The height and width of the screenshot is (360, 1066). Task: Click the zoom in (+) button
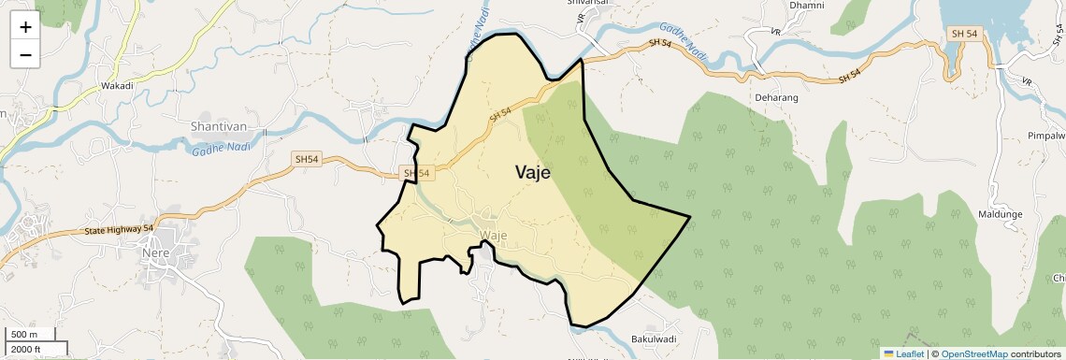click(25, 26)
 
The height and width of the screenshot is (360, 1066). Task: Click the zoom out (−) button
click(25, 54)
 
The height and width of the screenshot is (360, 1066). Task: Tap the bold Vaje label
click(532, 173)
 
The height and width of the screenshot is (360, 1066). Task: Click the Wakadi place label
click(117, 86)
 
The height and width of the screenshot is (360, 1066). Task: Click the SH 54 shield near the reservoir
click(964, 34)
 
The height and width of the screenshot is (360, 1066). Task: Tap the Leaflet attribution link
click(902, 353)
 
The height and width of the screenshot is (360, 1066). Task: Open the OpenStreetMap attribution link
click(973, 353)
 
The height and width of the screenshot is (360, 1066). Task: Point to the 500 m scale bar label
click(24, 335)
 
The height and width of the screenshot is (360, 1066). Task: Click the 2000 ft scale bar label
click(27, 349)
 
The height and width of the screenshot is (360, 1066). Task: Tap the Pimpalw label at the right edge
click(1046, 137)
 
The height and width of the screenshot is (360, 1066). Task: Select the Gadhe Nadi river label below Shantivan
click(221, 148)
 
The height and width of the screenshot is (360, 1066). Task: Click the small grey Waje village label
click(493, 235)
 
